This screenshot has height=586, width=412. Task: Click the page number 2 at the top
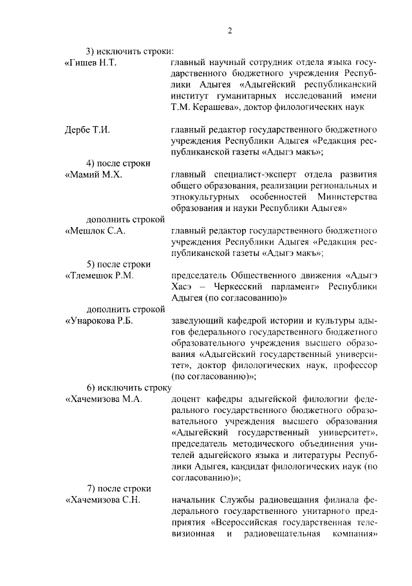[x=229, y=30]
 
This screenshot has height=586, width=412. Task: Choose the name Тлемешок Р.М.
[x=99, y=275]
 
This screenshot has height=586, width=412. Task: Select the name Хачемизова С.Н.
[x=103, y=499]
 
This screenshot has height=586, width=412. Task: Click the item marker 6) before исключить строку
[x=91, y=387]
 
